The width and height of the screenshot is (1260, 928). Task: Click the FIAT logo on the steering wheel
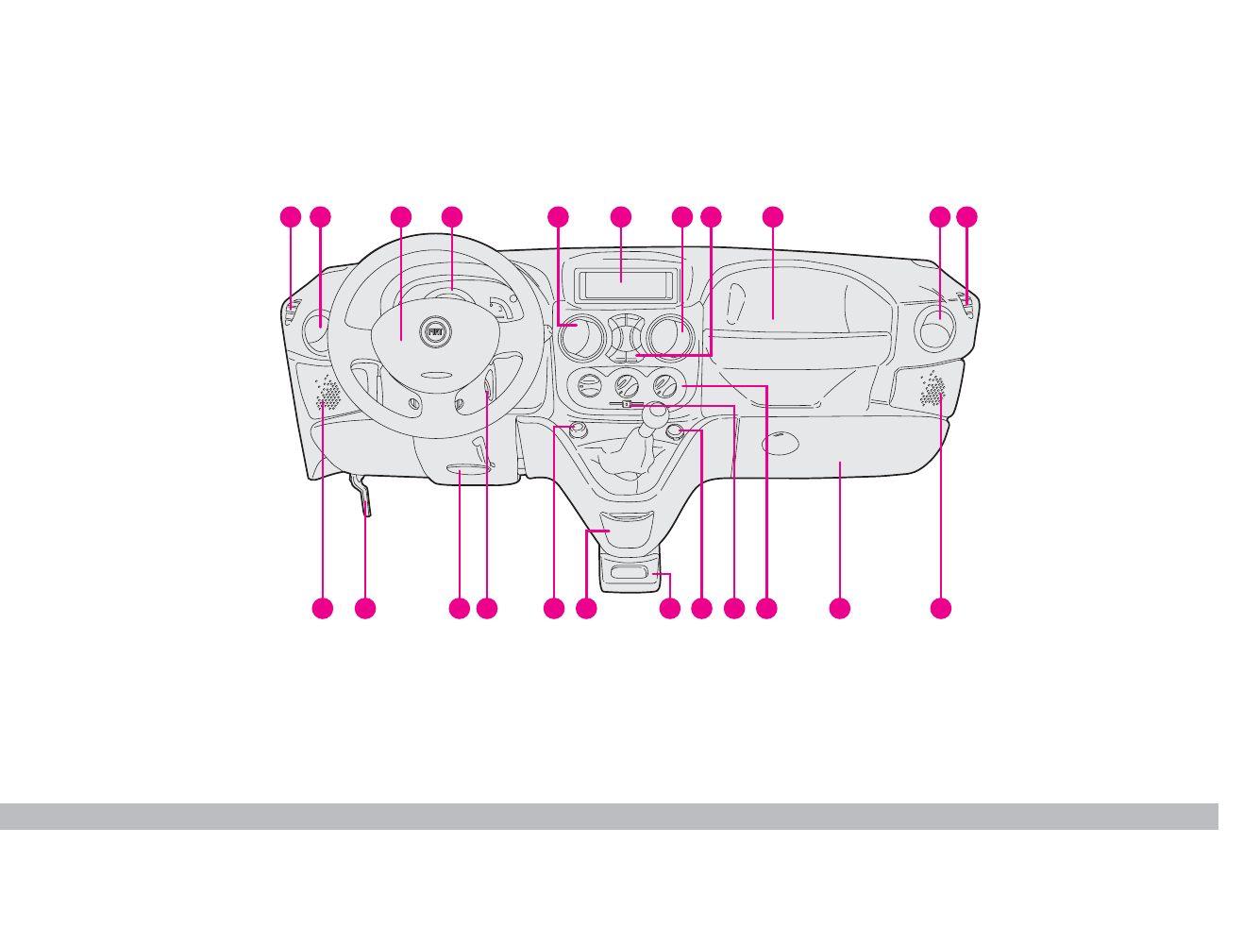point(435,332)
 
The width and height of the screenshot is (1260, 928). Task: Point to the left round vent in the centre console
point(579,336)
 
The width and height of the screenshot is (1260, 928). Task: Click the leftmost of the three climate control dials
point(588,385)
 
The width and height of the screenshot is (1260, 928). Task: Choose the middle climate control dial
point(626,385)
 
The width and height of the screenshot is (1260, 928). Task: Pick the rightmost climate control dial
point(664,385)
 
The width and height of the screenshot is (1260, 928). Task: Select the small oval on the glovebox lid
point(780,441)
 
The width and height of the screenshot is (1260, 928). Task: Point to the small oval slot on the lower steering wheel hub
point(436,375)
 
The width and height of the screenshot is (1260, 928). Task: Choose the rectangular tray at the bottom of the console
point(627,572)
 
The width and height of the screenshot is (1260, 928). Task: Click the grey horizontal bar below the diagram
point(609,817)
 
